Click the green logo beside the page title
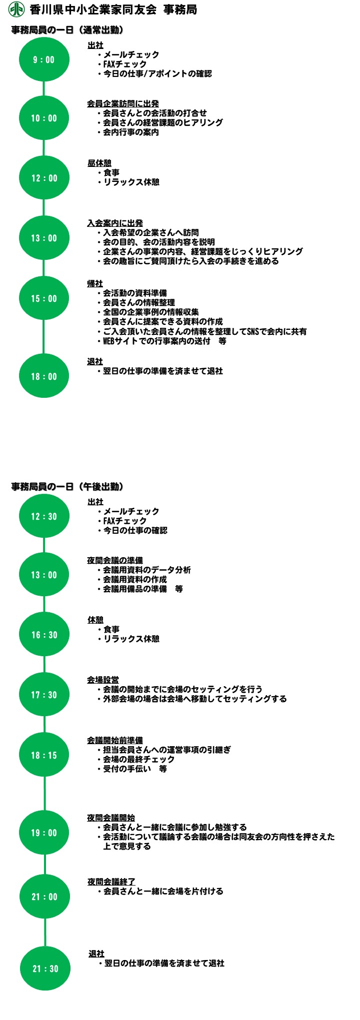click(x=16, y=9)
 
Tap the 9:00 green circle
click(x=44, y=59)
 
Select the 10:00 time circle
click(x=44, y=118)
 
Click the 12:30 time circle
click(x=44, y=516)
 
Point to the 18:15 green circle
click(x=44, y=755)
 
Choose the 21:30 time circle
click(x=45, y=969)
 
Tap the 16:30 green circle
click(x=44, y=635)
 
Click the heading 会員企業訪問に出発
click(x=123, y=103)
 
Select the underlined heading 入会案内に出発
click(x=115, y=223)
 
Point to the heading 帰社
click(x=95, y=283)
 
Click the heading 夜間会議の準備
click(x=115, y=560)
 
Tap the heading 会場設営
click(x=103, y=680)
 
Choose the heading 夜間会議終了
click(x=111, y=882)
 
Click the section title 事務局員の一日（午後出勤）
click(x=67, y=486)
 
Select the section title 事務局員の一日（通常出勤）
click(x=67, y=30)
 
